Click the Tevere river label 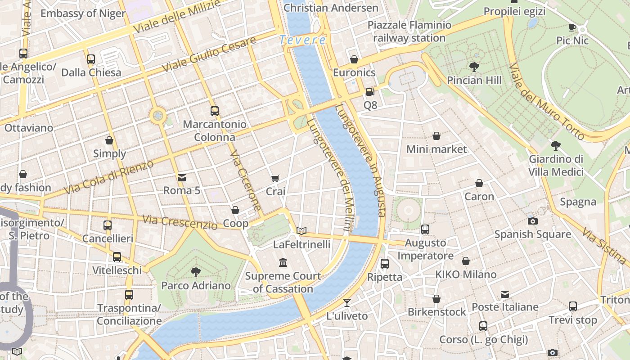(x=302, y=40)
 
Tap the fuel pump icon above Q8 (x=370, y=92)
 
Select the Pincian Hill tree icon (x=474, y=67)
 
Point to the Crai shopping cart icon (x=275, y=179)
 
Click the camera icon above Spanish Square (x=532, y=221)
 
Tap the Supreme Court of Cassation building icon (x=283, y=262)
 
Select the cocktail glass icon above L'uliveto (x=346, y=302)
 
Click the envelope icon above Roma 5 (x=182, y=177)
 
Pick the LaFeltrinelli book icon (x=301, y=231)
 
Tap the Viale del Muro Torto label (x=546, y=101)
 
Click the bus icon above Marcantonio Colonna (x=215, y=111)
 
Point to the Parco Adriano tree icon (x=195, y=272)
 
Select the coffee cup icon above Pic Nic (x=572, y=27)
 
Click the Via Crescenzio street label (x=180, y=222)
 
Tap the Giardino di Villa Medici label (x=556, y=165)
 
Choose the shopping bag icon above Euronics (x=354, y=59)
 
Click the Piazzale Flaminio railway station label (x=409, y=31)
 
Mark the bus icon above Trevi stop (x=572, y=306)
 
